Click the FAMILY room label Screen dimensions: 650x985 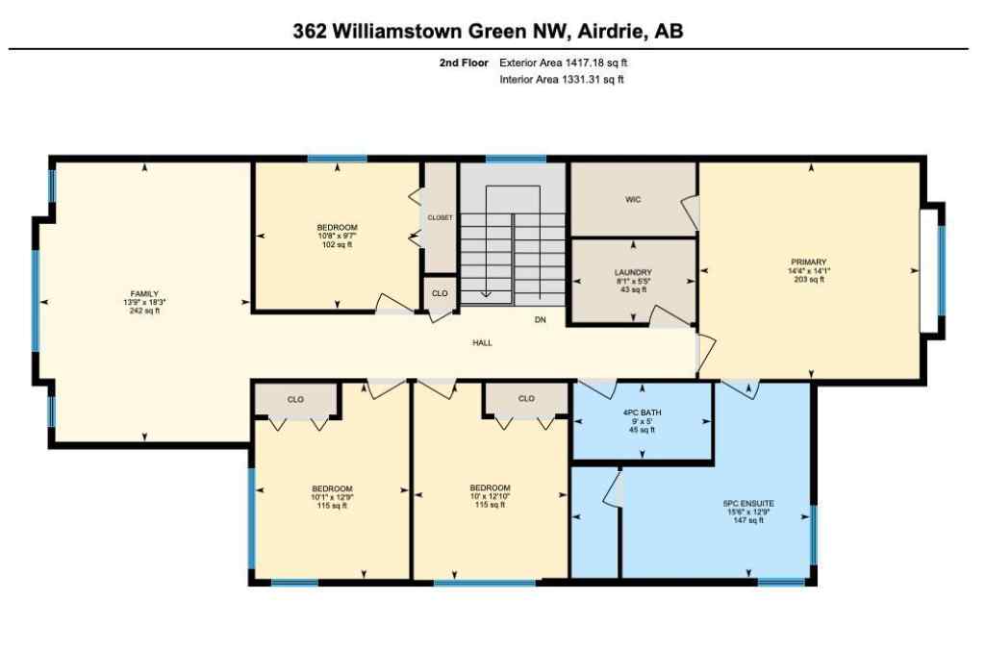pyautogui.click(x=144, y=293)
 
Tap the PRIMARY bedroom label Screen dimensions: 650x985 pyautogui.click(x=809, y=262)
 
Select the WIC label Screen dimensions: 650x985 pyautogui.click(x=632, y=200)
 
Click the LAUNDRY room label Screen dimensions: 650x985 pyautogui.click(x=633, y=272)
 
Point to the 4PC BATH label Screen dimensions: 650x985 pyautogui.click(x=642, y=412)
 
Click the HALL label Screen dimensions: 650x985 pyautogui.click(x=482, y=342)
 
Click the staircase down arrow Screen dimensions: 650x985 pyautogui.click(x=486, y=293)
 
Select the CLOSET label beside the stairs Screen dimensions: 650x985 pyautogui.click(x=440, y=217)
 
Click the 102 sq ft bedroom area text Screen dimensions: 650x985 pyautogui.click(x=337, y=244)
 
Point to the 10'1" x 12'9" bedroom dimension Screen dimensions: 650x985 pyautogui.click(x=333, y=497)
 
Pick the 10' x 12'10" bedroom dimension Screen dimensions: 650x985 pyautogui.click(x=491, y=497)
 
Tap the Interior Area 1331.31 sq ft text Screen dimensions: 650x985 pyautogui.click(x=562, y=80)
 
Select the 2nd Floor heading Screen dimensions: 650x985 pyautogui.click(x=461, y=62)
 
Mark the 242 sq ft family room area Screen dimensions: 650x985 pyautogui.click(x=144, y=312)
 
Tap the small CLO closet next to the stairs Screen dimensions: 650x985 pyautogui.click(x=440, y=293)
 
